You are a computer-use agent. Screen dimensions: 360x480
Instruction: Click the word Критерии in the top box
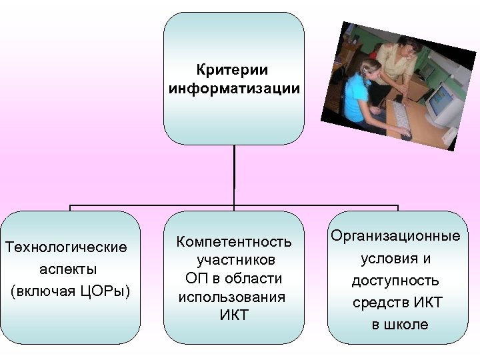click(x=233, y=70)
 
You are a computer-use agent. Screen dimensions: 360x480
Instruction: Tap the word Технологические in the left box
click(x=66, y=248)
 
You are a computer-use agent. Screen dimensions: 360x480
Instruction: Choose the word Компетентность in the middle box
click(x=233, y=241)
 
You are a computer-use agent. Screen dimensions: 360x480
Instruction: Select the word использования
click(x=232, y=297)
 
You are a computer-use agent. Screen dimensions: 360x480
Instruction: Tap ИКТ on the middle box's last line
click(x=233, y=315)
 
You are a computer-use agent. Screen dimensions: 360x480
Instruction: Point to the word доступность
click(x=396, y=281)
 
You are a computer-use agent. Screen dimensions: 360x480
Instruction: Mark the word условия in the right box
click(x=389, y=259)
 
